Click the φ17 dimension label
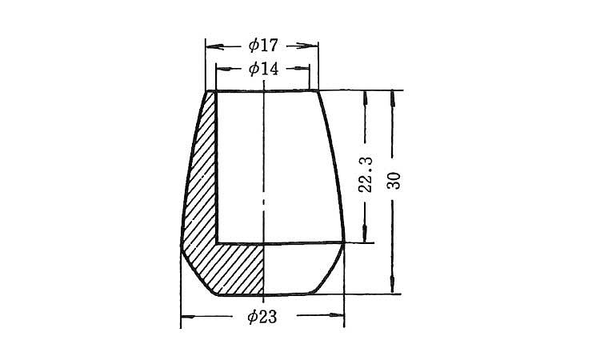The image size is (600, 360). coord(263,46)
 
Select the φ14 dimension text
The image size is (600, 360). coord(263,69)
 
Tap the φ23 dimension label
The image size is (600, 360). coord(262,317)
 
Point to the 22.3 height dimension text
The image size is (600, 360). coord(366,174)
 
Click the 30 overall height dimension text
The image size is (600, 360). coord(394,181)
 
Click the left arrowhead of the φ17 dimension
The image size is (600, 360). coord(214,46)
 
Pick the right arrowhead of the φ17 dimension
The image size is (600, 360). coord(309,46)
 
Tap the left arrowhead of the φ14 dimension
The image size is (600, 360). coord(223,69)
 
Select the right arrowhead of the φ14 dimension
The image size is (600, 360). coord(302,69)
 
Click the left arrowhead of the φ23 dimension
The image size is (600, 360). coord(188,317)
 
